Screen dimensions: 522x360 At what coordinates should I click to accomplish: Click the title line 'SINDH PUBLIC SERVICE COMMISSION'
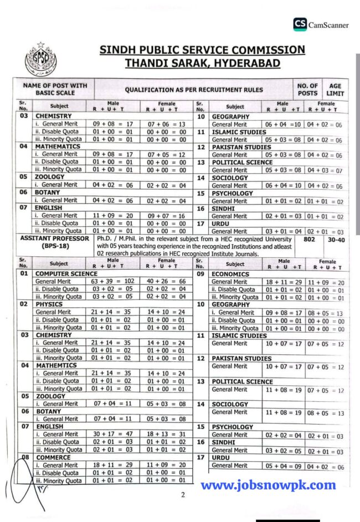click(x=202, y=50)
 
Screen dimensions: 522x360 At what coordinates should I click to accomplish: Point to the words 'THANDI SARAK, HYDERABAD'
click(x=202, y=63)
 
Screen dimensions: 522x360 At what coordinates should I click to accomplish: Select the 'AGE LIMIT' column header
click(x=336, y=90)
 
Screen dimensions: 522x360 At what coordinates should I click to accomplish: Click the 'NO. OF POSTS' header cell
click(x=307, y=90)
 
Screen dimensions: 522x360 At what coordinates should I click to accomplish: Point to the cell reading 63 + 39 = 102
click(x=114, y=281)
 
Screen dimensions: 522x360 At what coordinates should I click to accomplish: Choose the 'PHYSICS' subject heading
click(x=49, y=304)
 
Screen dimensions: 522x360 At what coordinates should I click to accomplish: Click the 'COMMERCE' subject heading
click(x=53, y=457)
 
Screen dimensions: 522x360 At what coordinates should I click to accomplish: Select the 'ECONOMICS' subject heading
click(x=230, y=273)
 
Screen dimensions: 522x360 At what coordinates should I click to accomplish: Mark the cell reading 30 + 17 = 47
click(x=114, y=435)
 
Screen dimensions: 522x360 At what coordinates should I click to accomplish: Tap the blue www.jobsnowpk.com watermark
click(x=268, y=485)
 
